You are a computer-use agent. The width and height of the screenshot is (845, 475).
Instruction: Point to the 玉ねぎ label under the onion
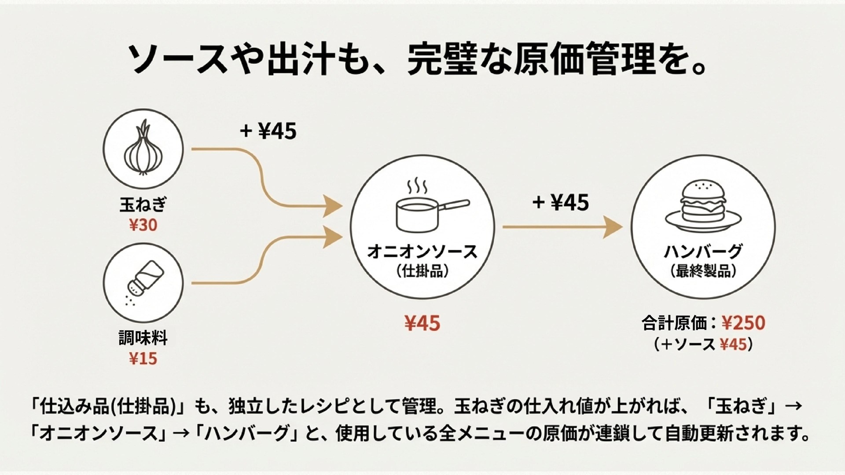(143, 205)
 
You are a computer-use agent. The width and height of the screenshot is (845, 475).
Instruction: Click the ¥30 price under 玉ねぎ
(143, 225)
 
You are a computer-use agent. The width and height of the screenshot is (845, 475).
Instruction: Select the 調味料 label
(143, 338)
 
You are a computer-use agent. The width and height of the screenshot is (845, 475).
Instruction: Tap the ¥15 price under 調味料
(143, 359)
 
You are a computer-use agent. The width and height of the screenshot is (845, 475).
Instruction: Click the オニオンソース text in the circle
(422, 252)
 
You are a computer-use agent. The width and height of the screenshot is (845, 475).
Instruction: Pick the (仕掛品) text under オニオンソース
(422, 271)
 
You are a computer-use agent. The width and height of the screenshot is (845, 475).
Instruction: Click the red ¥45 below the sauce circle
(422, 324)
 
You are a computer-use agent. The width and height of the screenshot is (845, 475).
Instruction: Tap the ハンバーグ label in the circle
(703, 252)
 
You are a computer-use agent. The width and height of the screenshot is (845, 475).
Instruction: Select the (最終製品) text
(703, 271)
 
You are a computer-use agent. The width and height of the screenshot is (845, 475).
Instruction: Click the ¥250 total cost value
(744, 323)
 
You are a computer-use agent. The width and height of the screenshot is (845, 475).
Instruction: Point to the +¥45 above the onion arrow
(268, 131)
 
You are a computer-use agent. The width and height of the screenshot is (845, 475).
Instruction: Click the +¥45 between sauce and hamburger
(561, 203)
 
